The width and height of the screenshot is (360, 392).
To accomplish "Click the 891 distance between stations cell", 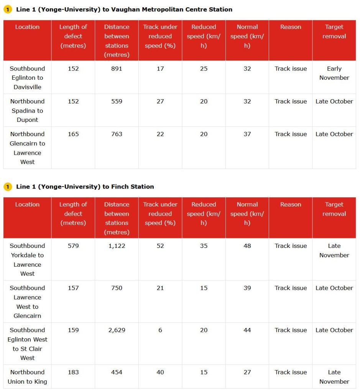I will [x=117, y=69].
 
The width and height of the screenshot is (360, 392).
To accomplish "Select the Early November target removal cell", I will [x=334, y=73].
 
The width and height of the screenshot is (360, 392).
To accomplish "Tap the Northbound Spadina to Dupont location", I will [x=27, y=110].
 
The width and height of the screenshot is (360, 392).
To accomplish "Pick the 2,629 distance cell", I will [x=117, y=330].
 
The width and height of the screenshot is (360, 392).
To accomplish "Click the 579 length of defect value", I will [x=73, y=246].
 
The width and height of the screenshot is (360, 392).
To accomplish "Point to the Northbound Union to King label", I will [x=27, y=377].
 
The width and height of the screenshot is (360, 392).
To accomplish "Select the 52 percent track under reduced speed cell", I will [x=160, y=246].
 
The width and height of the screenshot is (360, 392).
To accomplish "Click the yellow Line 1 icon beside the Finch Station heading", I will [x=8, y=187].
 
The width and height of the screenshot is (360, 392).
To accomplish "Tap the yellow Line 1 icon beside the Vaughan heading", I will [x=8, y=10].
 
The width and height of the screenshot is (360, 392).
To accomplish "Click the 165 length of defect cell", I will [x=73, y=134].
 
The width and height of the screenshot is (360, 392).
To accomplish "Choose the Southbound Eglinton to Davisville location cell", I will [x=27, y=78].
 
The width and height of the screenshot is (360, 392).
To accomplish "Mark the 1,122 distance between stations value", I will [x=117, y=246].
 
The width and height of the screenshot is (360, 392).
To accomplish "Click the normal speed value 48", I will [x=247, y=246].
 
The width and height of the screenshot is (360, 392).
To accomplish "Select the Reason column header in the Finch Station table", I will [x=291, y=205].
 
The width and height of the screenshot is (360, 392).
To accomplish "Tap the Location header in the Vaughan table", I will [x=27, y=27].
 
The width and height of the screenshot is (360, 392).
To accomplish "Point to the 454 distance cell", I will [x=117, y=372].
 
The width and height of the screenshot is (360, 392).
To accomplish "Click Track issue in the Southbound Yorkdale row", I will [x=291, y=246].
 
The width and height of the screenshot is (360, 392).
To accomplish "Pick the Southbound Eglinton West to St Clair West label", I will [x=27, y=344].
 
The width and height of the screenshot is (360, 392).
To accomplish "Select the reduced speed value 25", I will [x=204, y=69].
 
